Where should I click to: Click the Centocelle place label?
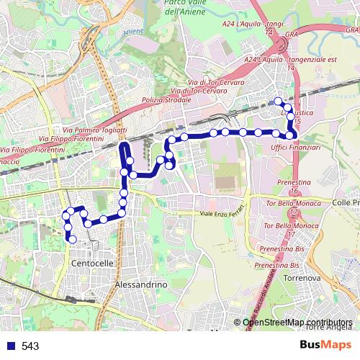click(x=93, y=264)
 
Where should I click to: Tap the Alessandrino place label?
click(x=141, y=285)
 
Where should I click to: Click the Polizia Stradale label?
click(x=164, y=99)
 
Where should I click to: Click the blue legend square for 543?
click(x=10, y=346)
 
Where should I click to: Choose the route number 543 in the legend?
click(x=30, y=346)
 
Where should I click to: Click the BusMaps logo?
click(x=325, y=346)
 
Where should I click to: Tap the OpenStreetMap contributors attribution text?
click(x=297, y=322)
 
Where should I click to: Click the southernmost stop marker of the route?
click(x=72, y=239)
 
